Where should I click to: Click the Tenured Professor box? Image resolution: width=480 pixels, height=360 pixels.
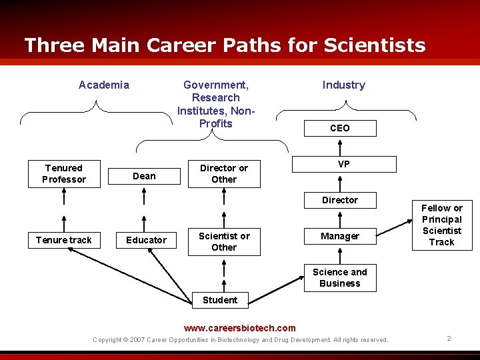64,173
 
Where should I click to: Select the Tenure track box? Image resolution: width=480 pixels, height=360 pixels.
64,240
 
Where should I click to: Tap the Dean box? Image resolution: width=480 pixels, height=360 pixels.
144,176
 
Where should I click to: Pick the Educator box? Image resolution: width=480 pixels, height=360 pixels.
146,240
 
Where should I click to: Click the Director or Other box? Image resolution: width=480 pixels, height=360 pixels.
224,173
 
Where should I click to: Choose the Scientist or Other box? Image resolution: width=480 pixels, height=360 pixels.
224,241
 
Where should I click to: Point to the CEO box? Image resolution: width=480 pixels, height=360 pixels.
339,128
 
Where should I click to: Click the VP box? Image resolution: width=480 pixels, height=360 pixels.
343,164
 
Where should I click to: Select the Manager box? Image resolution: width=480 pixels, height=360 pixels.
339,236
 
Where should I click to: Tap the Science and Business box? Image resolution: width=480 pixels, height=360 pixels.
339,277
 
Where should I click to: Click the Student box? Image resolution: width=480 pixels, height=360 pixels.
220,300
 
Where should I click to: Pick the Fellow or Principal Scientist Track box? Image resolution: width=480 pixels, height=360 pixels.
441,225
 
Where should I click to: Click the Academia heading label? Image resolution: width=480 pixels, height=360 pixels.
104,85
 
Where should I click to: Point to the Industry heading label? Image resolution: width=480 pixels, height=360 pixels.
343,85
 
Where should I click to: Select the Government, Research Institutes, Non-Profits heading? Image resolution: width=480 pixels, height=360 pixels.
216,104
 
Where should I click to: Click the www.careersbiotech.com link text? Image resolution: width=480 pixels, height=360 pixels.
239,328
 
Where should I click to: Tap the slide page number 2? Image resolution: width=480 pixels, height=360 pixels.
449,339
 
